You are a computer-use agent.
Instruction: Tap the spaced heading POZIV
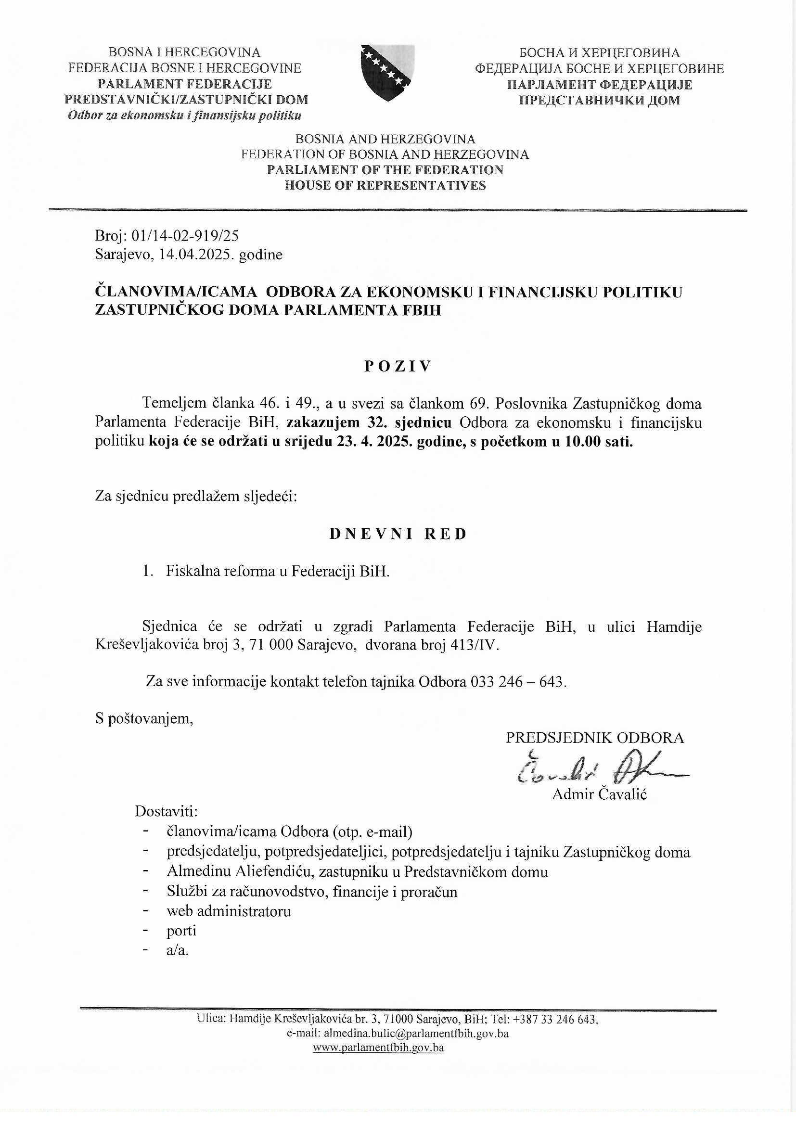tap(398, 367)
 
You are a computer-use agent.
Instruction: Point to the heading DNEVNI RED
tap(398, 534)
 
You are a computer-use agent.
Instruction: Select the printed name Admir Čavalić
tap(600, 794)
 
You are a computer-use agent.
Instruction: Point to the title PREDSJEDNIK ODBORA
tap(594, 738)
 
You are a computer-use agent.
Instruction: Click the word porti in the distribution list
tap(181, 931)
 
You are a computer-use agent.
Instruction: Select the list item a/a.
tap(178, 950)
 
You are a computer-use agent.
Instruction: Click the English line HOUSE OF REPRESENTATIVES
tap(385, 185)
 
